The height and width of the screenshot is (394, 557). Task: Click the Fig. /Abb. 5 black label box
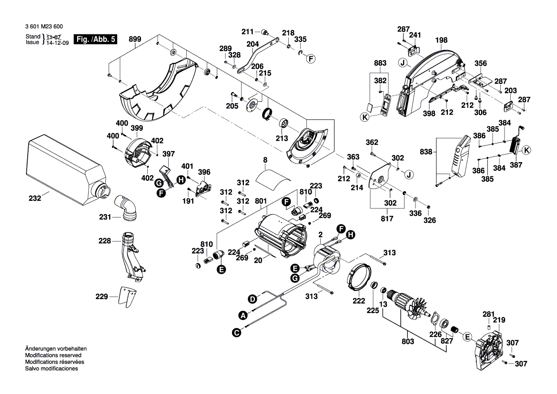[x=96, y=39]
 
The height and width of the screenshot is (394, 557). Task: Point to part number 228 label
[x=104, y=241]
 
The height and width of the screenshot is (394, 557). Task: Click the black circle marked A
[x=243, y=315]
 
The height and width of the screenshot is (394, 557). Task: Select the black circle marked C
[x=236, y=332]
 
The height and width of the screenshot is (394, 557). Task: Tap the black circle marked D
[x=252, y=299]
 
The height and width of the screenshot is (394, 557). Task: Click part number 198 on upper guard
[x=441, y=41]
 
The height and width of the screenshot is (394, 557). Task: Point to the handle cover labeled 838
[x=457, y=155]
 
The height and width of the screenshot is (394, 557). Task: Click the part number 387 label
[x=516, y=165]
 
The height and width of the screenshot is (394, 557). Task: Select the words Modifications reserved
[x=53, y=355]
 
